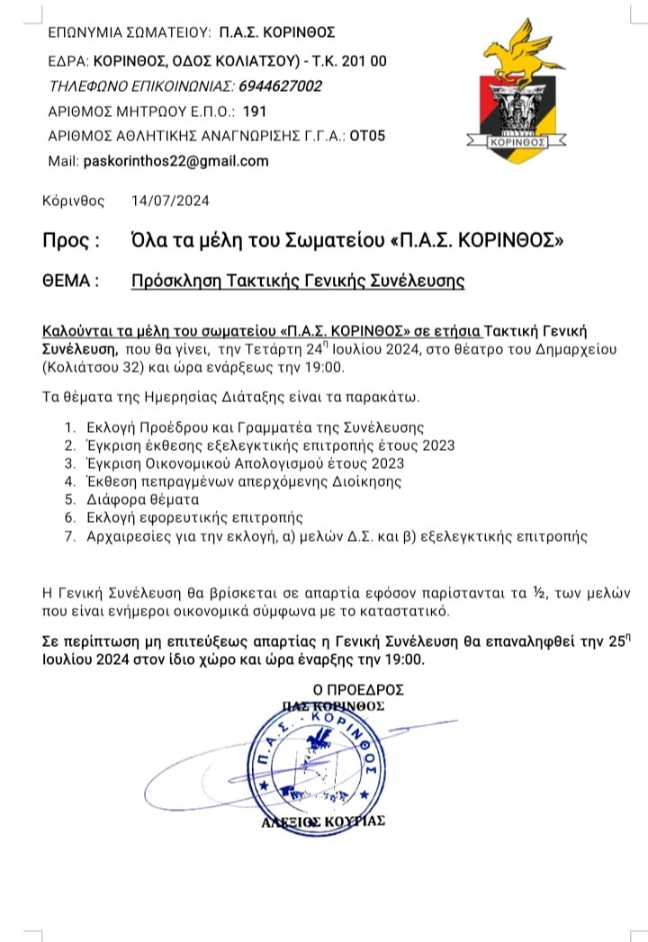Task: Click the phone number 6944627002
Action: click(280, 86)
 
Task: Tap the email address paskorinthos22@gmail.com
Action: click(175, 161)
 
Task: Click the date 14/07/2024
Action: click(170, 201)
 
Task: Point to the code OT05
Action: click(368, 137)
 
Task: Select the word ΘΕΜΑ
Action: click(69, 281)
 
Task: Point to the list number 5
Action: click(67, 498)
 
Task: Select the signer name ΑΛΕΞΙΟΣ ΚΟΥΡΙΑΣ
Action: click(323, 821)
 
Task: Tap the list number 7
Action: click(67, 536)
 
